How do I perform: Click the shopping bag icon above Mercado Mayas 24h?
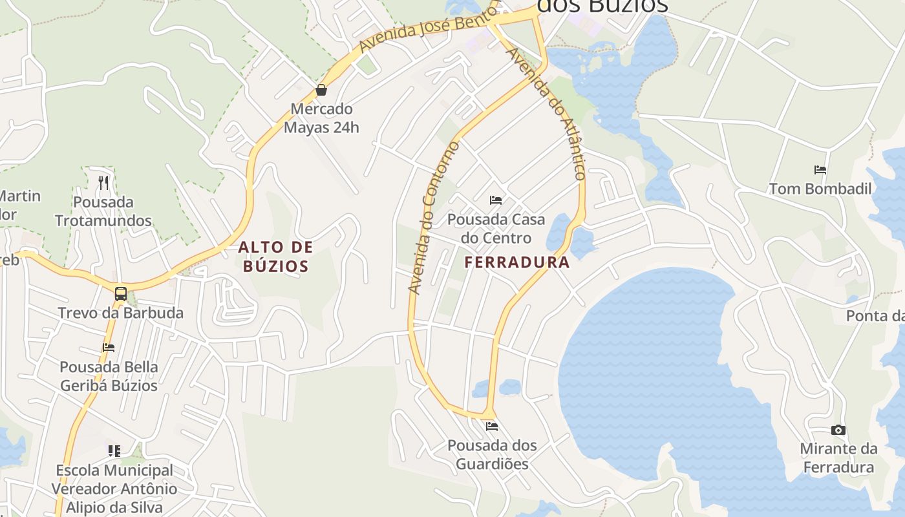click(x=321, y=90)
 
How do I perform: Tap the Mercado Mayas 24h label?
click(x=321, y=118)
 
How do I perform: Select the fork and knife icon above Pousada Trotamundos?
click(x=103, y=182)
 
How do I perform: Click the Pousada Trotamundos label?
click(x=103, y=211)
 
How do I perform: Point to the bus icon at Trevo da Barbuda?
click(x=121, y=294)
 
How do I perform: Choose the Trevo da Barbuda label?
click(x=121, y=313)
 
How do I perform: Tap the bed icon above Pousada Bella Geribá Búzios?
click(x=109, y=348)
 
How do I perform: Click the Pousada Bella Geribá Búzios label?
click(x=109, y=376)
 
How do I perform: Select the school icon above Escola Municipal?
click(x=114, y=450)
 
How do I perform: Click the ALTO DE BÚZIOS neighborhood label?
click(x=276, y=256)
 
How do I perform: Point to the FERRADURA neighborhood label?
click(x=517, y=262)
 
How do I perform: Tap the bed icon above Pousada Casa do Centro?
click(x=496, y=200)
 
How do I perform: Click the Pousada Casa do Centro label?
click(x=496, y=229)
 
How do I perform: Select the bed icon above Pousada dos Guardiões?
click(x=492, y=427)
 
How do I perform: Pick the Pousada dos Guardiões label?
click(x=492, y=455)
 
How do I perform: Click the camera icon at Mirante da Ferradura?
click(x=838, y=430)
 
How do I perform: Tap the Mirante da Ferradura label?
click(x=838, y=458)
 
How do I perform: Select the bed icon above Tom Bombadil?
click(x=820, y=170)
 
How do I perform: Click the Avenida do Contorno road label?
click(x=434, y=217)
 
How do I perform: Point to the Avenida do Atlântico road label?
click(x=547, y=112)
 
